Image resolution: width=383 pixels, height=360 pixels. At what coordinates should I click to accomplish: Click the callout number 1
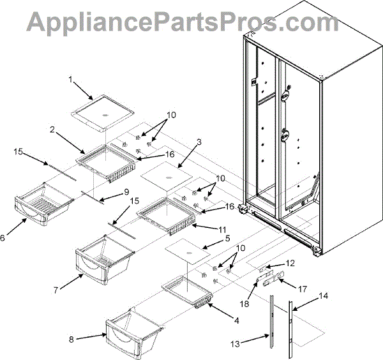point(71,80)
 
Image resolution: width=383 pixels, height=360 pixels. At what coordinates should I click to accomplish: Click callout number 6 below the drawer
point(4,237)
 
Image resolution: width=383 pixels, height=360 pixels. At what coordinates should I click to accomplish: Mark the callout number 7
point(57,290)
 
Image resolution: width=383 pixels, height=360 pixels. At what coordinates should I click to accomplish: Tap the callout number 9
point(126,190)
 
